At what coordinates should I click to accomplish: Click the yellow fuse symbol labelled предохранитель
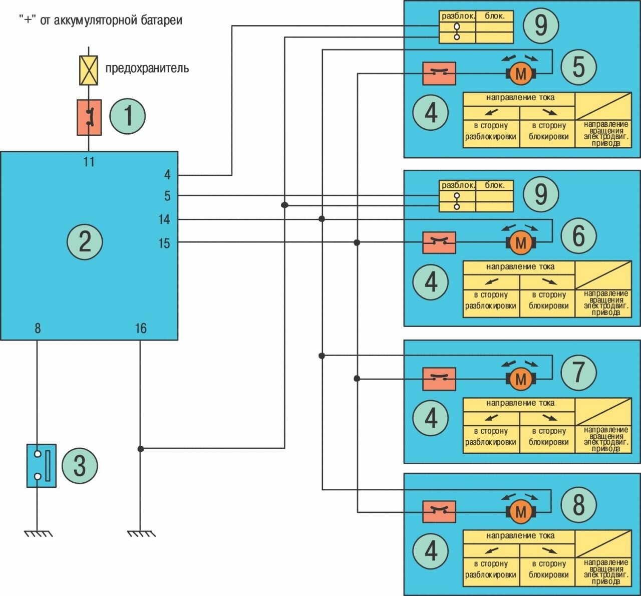point(89,70)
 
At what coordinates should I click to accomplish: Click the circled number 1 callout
point(127,116)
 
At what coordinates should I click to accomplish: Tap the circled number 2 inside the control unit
point(85,241)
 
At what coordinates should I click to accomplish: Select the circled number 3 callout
point(80,465)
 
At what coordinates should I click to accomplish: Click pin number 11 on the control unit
point(89,162)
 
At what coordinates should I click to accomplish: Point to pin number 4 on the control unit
point(167,175)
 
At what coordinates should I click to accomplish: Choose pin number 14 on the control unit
point(164,219)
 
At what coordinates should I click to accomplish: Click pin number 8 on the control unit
point(38,329)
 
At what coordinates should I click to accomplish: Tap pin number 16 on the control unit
point(141,329)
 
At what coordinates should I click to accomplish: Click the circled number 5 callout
point(578,67)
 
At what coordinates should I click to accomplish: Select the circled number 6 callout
point(578,235)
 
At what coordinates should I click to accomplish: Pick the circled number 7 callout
point(578,372)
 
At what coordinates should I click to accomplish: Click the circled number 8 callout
point(578,504)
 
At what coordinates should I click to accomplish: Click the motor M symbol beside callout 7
point(521,379)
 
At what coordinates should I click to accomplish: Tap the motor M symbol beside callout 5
point(521,74)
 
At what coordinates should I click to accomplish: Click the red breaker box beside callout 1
point(89,117)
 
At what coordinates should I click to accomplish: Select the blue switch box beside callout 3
point(42,466)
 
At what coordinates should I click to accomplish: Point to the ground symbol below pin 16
point(140,534)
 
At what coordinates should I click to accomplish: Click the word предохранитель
point(147,68)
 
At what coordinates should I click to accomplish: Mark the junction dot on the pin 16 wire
point(141,449)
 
